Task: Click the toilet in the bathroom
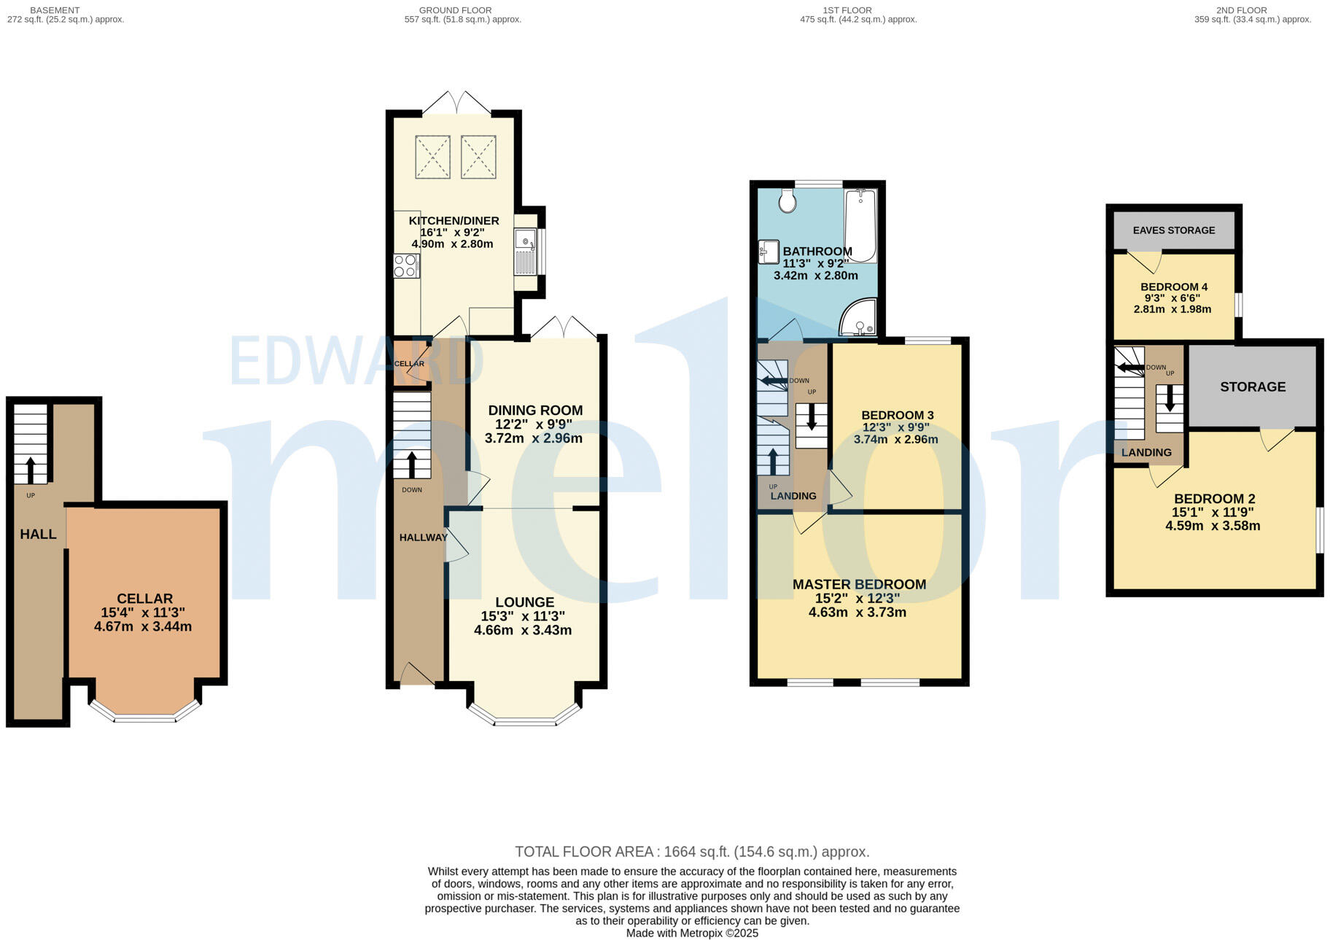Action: point(787,200)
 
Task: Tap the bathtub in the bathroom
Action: point(860,225)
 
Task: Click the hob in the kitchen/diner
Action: point(405,265)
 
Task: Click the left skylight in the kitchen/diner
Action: point(432,157)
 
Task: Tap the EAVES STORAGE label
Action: point(1173,230)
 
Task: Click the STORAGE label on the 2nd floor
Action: point(1252,387)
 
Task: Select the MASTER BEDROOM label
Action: point(859,584)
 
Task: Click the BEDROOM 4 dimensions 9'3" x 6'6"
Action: point(1172,298)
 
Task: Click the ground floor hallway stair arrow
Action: point(411,465)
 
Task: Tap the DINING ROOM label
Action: point(535,411)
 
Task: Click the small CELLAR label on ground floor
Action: point(408,364)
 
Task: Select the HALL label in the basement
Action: point(38,535)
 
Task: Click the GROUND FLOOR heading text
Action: point(455,10)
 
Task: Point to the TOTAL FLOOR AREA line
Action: point(691,852)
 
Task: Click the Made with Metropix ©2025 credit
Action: point(691,933)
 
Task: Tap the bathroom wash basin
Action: point(768,252)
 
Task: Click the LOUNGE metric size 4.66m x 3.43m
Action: point(522,630)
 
